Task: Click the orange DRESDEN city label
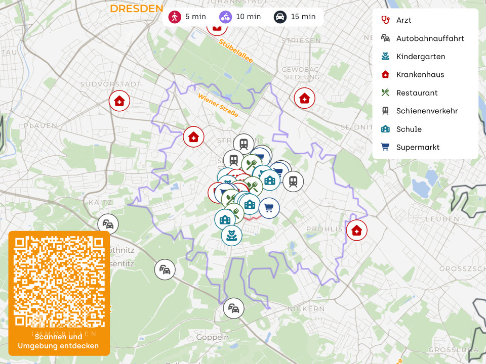[x=137, y=9]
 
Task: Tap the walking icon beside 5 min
[x=175, y=17]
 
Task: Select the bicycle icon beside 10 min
[x=225, y=17]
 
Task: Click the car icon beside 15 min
[x=280, y=17]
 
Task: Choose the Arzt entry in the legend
[x=403, y=20]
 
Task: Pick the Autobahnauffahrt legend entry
[x=430, y=38]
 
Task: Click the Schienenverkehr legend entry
[x=427, y=111]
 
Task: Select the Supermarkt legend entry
[x=418, y=147]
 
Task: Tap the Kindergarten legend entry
[x=420, y=57]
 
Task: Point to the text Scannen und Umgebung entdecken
[x=58, y=341]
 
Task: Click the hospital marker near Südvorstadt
[x=119, y=101]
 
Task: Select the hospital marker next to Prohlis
[x=356, y=231]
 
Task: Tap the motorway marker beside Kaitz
[x=108, y=224]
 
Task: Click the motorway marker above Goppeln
[x=233, y=308]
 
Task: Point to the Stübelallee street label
[x=236, y=51]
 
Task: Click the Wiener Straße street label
[x=218, y=105]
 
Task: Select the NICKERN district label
[x=306, y=308]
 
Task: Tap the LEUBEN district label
[x=442, y=219]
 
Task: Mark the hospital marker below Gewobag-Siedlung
[x=304, y=98]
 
